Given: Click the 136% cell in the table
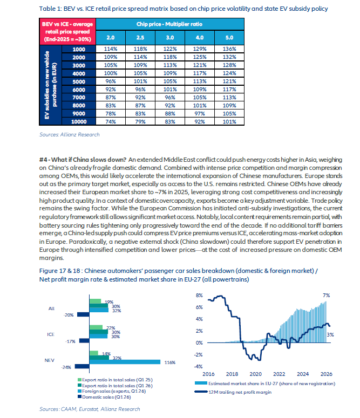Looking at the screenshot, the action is click(229, 49).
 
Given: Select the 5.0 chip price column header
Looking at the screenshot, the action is click(229, 38).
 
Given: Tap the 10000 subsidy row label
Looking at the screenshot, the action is click(79, 122).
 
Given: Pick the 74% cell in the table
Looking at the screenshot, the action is click(111, 122).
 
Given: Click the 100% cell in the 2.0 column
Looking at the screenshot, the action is click(111, 73).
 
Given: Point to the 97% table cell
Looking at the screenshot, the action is click(200, 114).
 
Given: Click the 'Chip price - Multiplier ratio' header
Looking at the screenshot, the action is click(169, 24).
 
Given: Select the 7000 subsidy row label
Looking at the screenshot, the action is click(79, 98).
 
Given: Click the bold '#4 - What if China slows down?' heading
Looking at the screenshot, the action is click(83, 160).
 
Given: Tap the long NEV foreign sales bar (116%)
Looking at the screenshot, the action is click(125, 362).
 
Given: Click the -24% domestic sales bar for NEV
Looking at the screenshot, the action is click(82, 367).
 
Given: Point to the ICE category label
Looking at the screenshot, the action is click(51, 334).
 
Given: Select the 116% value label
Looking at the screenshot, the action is click(169, 362).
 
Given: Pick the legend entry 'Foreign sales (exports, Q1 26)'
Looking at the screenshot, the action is click(112, 391).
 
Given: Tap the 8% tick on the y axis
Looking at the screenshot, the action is click(199, 296).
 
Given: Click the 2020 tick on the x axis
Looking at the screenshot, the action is click(255, 374).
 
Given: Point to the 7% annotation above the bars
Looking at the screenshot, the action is click(326, 296).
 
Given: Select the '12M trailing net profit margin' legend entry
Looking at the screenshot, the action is click(233, 392).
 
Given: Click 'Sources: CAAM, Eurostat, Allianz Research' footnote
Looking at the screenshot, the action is click(90, 409).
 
